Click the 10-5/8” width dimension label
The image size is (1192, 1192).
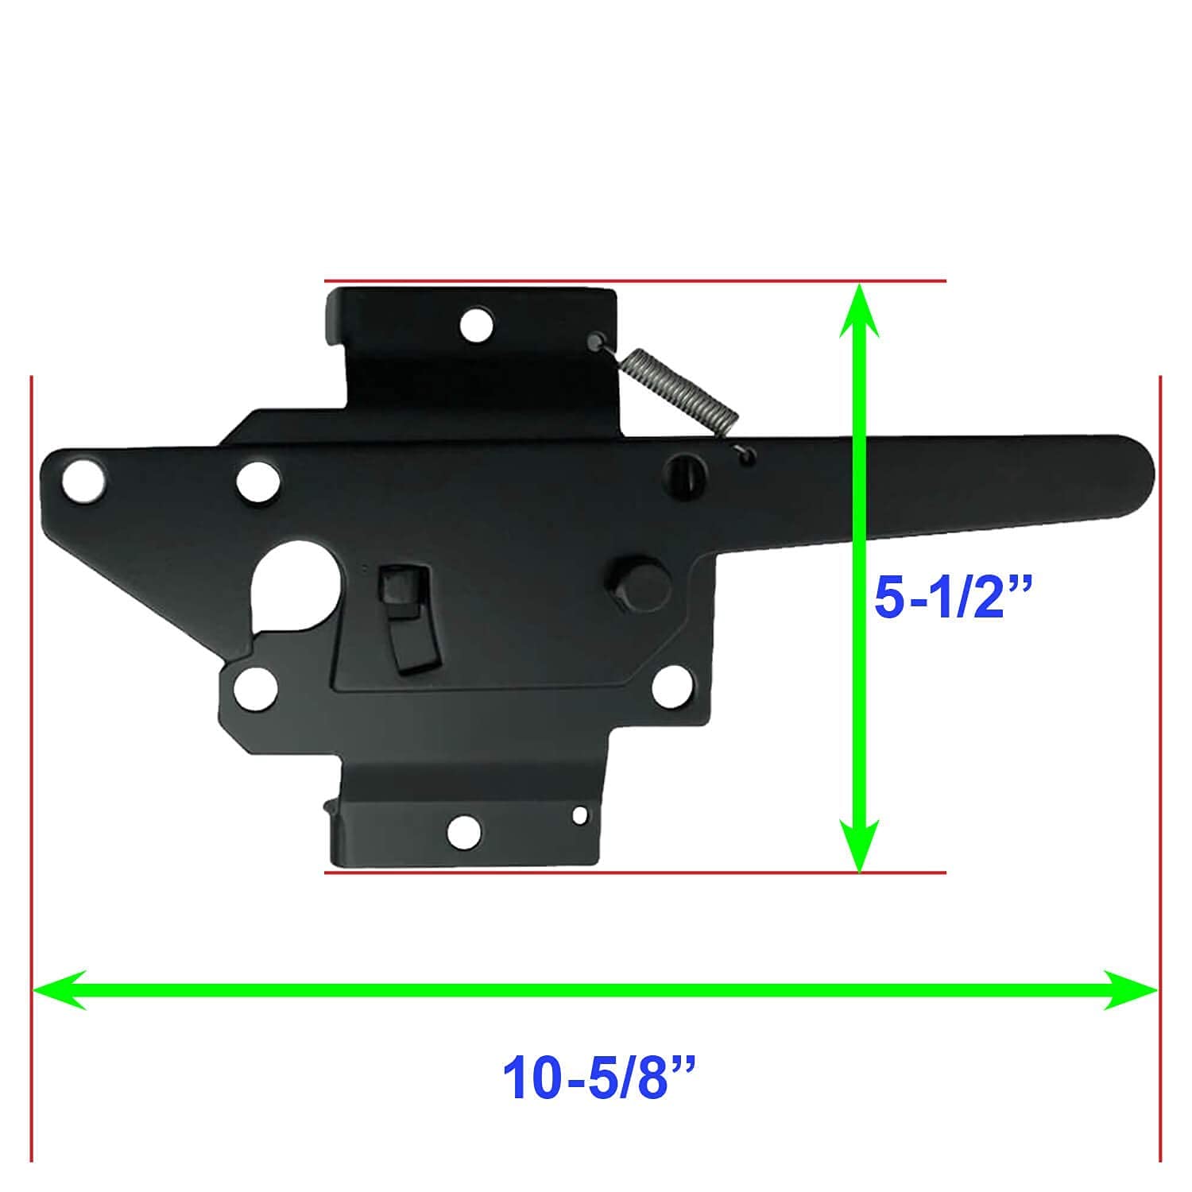point(599,1078)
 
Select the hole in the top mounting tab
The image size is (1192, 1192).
point(477,325)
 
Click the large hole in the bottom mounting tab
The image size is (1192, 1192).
point(465,831)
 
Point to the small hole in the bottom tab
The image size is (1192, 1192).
point(581,815)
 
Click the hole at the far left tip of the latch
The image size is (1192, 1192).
point(84,479)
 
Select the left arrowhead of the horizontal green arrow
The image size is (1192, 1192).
point(56,989)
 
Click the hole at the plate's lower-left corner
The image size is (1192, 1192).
point(256,687)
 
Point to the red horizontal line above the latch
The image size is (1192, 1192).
point(636,281)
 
